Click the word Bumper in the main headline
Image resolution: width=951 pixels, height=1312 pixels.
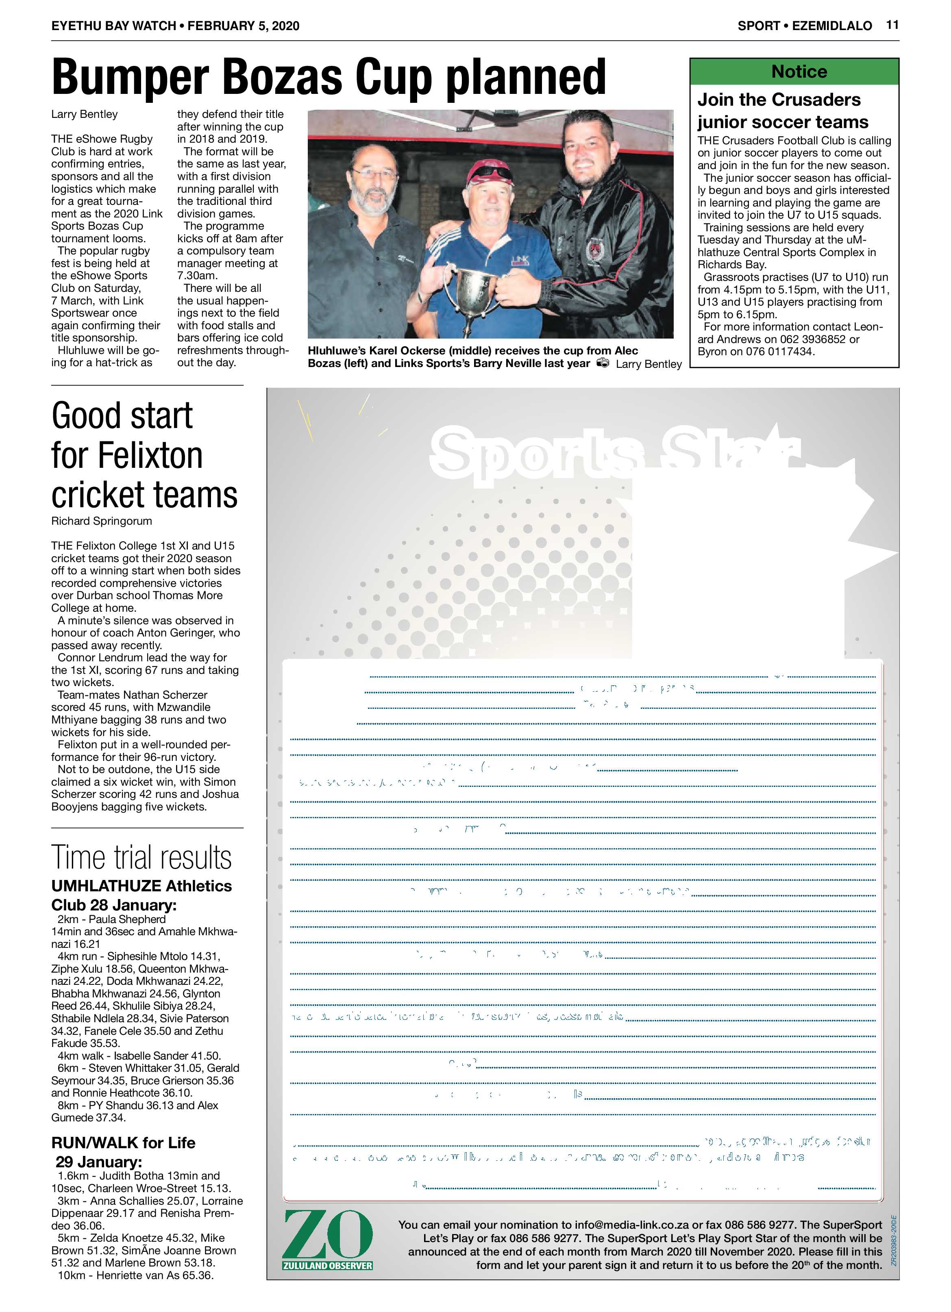click(x=130, y=78)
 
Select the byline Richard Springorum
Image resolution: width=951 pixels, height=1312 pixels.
click(x=102, y=521)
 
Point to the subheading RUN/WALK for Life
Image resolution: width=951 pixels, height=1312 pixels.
click(x=123, y=1143)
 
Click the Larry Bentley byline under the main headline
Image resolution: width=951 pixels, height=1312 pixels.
click(x=85, y=114)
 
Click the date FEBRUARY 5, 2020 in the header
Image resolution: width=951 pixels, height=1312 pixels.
click(x=243, y=26)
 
